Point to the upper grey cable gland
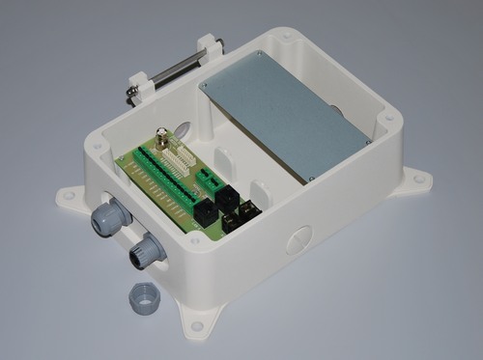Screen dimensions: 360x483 (109, 217)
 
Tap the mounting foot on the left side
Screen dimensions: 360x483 (70, 197)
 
